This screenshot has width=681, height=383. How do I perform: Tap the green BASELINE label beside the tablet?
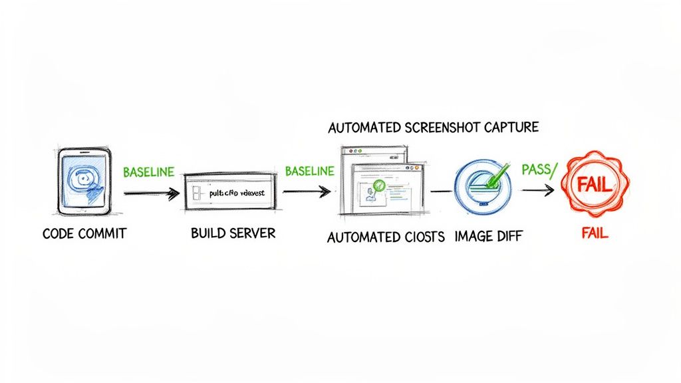[148, 172]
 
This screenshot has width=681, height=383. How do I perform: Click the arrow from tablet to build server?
[151, 194]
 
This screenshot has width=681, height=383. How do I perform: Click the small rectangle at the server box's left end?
[195, 193]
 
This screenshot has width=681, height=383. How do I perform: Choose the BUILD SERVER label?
[233, 234]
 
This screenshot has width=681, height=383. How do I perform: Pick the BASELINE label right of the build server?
[309, 171]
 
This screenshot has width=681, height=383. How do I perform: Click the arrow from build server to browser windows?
[306, 192]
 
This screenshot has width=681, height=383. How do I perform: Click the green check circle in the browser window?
[379, 186]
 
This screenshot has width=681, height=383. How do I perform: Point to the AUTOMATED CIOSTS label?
[386, 237]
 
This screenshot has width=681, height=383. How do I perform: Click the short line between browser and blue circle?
[441, 191]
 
